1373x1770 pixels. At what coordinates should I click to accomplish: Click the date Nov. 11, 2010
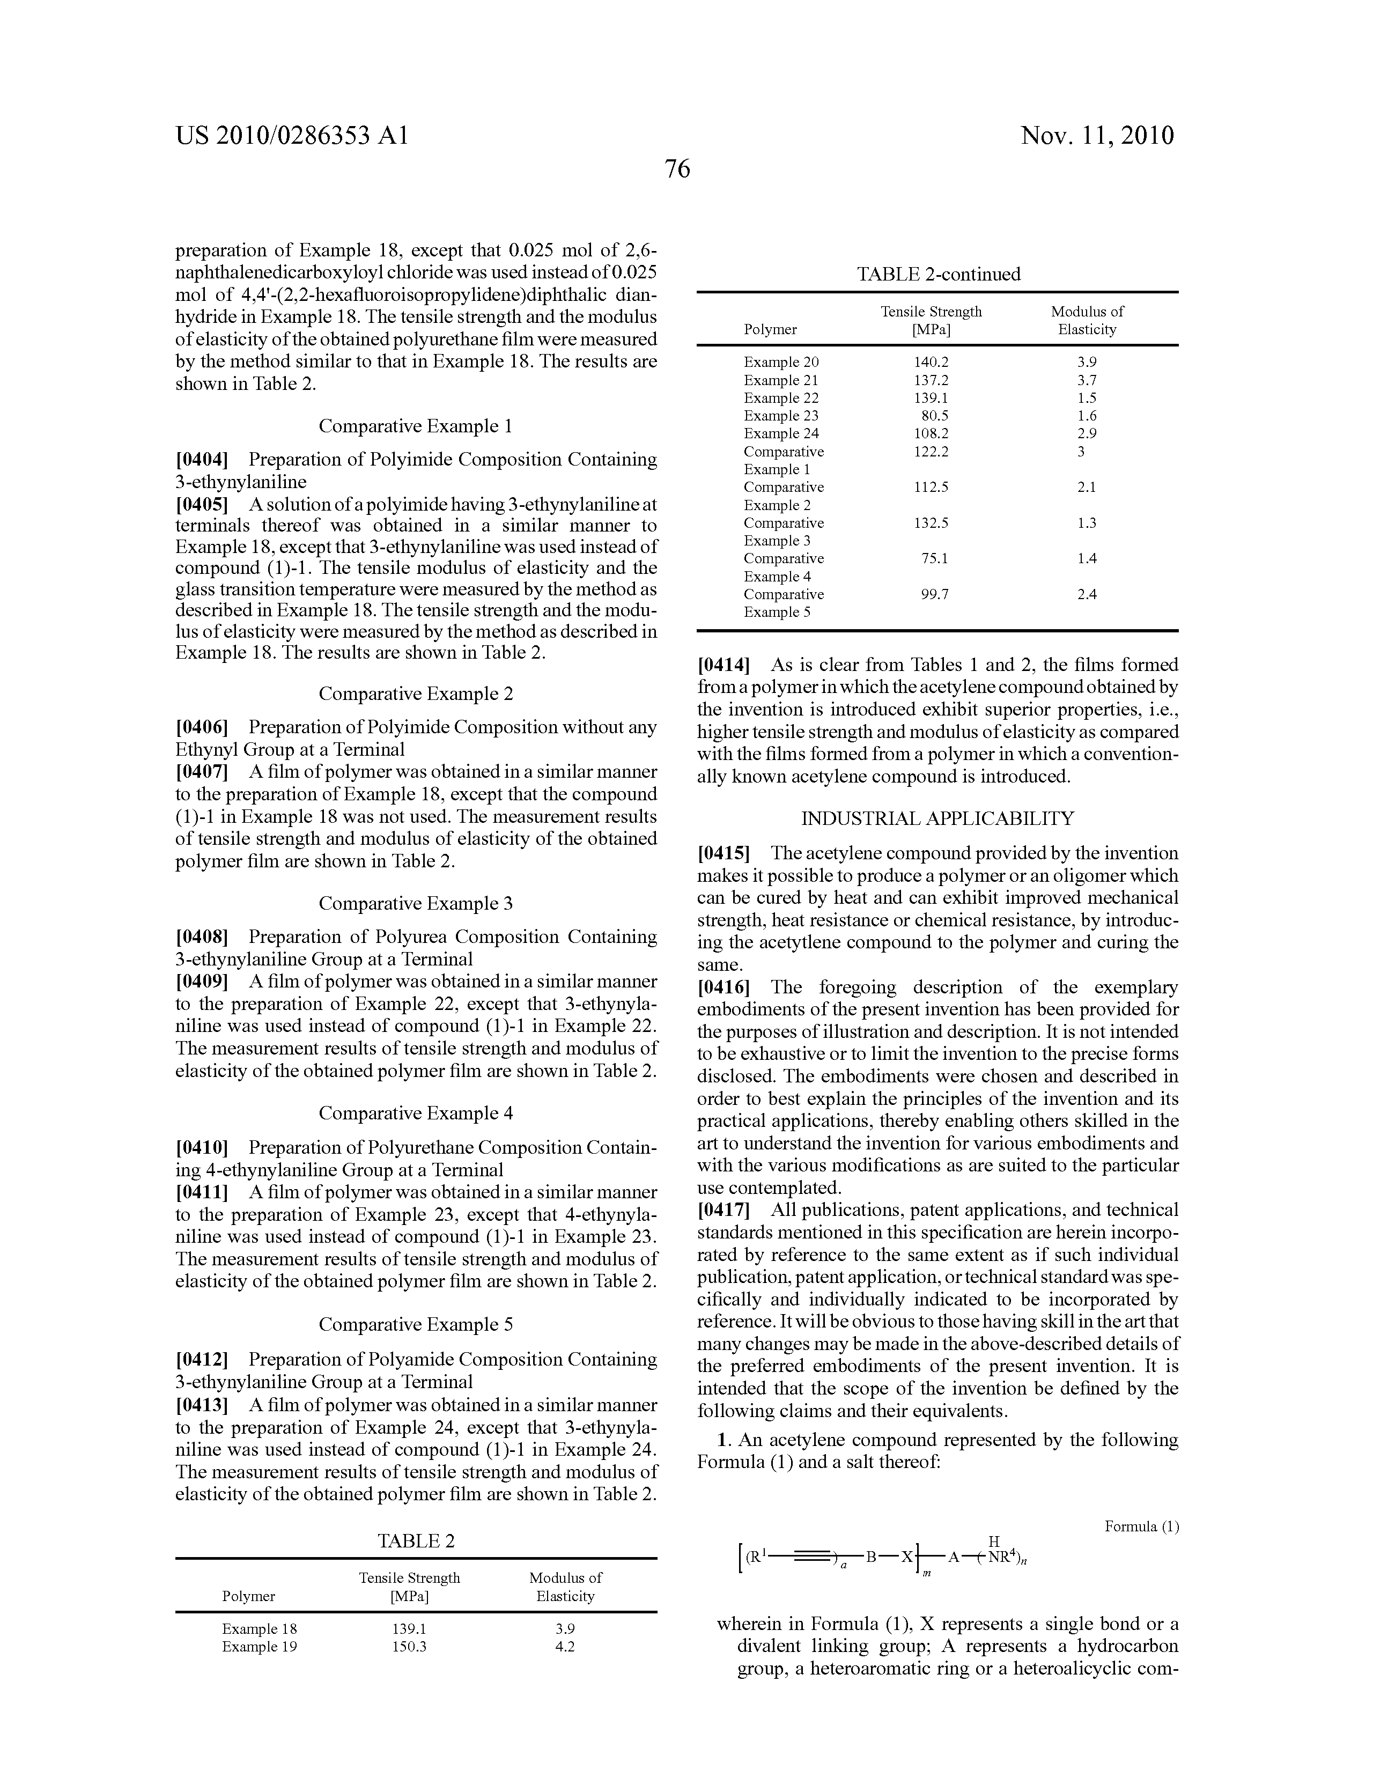pos(1097,135)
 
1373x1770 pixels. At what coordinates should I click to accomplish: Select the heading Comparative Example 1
pos(415,426)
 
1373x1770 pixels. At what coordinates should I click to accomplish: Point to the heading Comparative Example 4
pos(415,1113)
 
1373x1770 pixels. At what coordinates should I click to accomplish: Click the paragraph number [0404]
pos(202,460)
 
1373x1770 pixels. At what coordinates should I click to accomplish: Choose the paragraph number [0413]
pos(202,1405)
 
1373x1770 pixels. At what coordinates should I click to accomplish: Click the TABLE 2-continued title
pos(938,274)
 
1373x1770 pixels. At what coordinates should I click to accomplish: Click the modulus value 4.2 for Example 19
pos(565,1646)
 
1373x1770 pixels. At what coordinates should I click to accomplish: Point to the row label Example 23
pos(780,416)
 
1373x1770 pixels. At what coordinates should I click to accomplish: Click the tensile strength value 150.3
pos(409,1646)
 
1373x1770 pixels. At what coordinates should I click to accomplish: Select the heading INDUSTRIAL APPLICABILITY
pos(938,818)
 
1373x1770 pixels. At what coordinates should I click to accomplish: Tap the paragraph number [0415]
pos(724,853)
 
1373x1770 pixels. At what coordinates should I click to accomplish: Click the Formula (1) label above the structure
pos(1141,1527)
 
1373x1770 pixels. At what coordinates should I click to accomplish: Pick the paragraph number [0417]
pos(724,1210)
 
